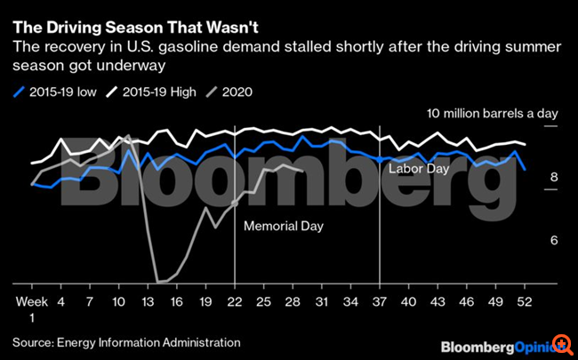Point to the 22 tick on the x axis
click(x=235, y=301)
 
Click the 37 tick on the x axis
click(x=381, y=301)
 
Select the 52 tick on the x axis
click(x=526, y=301)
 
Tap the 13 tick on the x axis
click(x=147, y=301)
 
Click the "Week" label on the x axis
click(x=32, y=301)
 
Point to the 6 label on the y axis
click(x=553, y=241)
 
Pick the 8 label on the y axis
click(x=553, y=178)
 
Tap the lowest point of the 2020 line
click(x=158, y=282)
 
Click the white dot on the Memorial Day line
click(x=235, y=203)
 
